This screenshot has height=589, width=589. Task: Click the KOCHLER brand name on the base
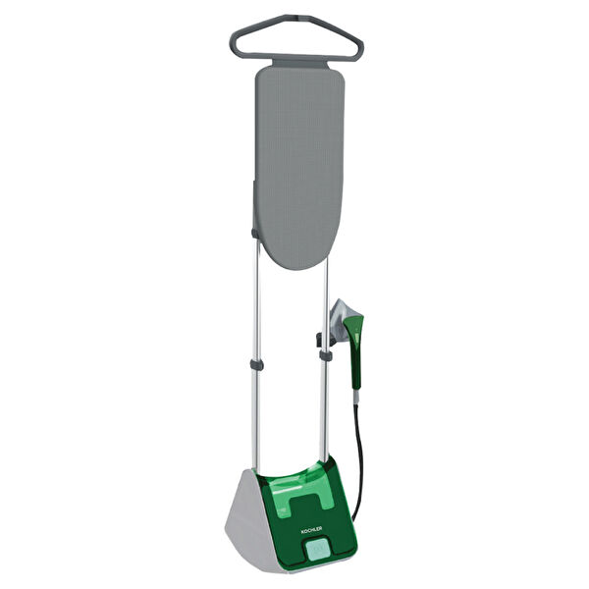click(311, 528)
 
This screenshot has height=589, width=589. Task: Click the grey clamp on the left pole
click(256, 364)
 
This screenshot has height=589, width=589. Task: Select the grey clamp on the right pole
click(325, 355)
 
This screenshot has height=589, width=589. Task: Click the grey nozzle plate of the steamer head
click(343, 318)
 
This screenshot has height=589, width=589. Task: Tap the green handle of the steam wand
click(355, 349)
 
